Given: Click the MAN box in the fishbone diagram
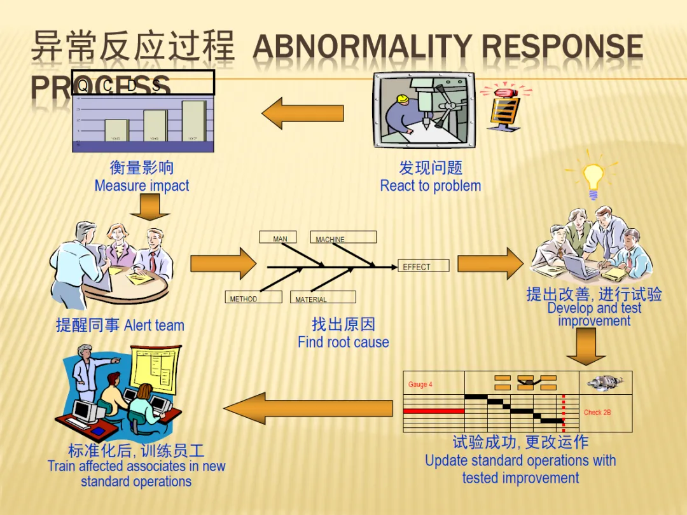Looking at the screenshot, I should (278, 238).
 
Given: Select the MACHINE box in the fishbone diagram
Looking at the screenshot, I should (343, 238).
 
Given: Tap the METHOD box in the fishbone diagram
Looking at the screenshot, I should (254, 298).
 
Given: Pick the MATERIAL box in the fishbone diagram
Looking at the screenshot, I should (324, 298).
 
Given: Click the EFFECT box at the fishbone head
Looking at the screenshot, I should (424, 266).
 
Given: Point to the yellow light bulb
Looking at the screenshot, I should (593, 178).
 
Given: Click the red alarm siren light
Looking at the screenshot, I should (504, 93).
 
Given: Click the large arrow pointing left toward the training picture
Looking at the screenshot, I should (309, 408).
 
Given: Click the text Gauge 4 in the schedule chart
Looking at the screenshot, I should (420, 385).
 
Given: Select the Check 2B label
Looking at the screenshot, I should (597, 413).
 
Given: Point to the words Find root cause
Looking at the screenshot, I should (343, 342).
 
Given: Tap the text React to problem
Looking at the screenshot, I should (431, 186).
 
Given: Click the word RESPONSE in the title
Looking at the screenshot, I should (562, 47).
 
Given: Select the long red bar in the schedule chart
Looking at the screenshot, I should (434, 411).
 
